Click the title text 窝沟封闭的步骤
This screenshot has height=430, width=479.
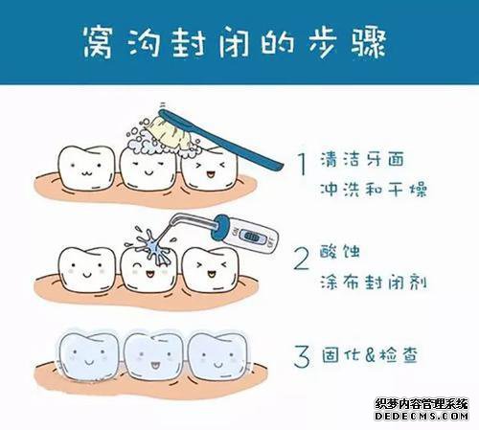235,43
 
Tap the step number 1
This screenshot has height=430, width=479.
302,163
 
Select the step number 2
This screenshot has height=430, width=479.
301,259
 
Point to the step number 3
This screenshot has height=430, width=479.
302,356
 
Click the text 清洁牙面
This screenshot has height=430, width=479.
362,159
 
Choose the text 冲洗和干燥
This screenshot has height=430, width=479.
374,189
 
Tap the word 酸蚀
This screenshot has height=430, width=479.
340,252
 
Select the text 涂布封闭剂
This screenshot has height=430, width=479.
374,282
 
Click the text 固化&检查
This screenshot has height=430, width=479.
370,355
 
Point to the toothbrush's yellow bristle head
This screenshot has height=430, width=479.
170,133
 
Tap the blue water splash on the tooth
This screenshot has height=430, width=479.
154,247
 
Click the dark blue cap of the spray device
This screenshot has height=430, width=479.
220,227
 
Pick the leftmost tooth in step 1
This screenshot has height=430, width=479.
86,168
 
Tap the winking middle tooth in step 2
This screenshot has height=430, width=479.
148,269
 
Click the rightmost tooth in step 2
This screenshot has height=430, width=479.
210,269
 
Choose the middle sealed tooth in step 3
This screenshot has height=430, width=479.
153,356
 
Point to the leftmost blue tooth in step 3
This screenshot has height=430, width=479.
88,356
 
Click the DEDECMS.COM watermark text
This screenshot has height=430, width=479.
422,416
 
